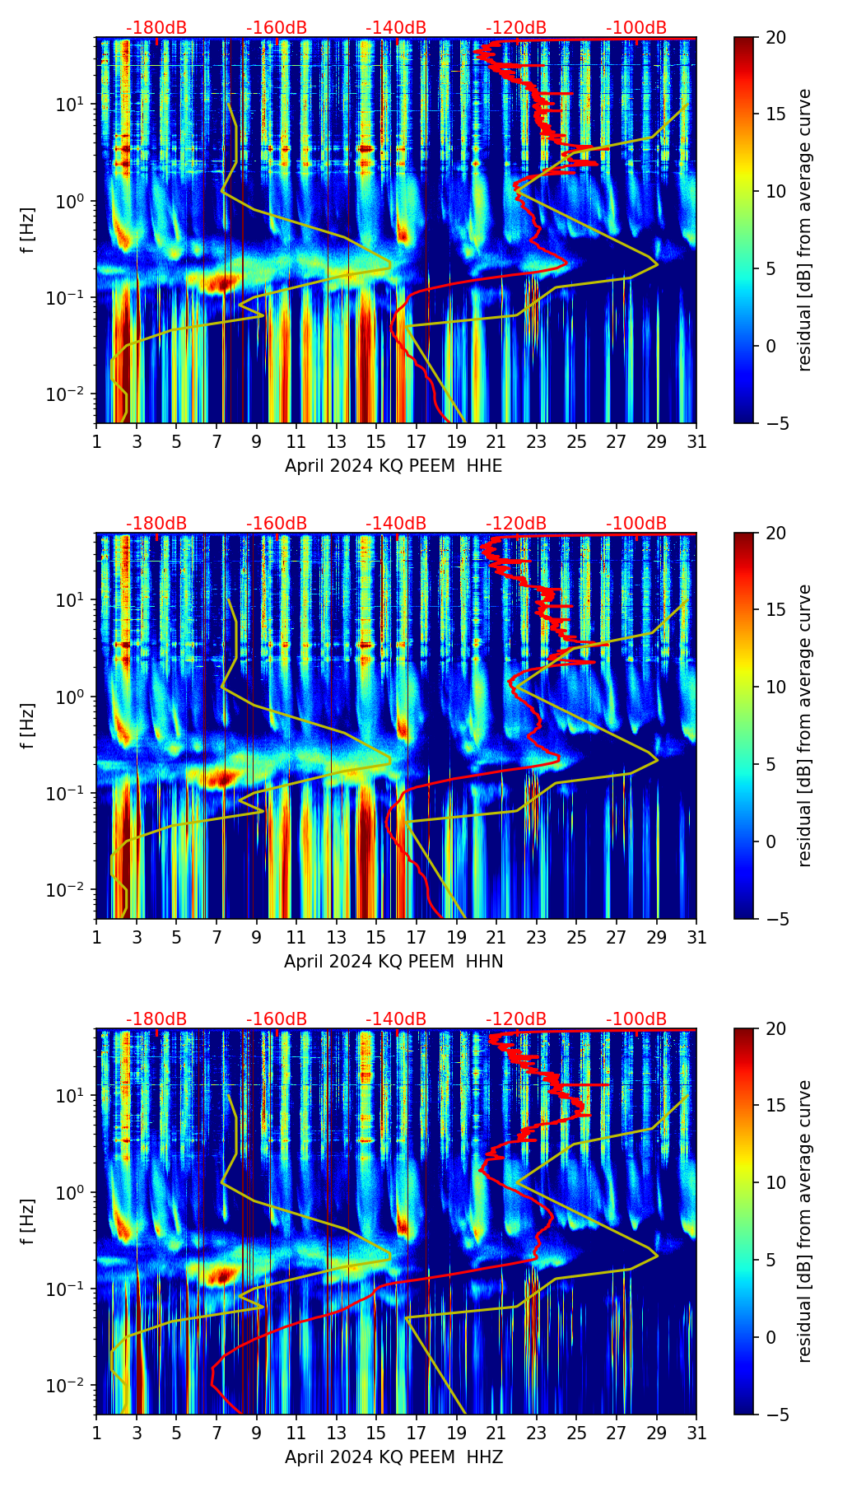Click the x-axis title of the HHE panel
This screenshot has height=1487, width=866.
[393, 466]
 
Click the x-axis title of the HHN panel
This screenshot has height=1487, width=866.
[393, 962]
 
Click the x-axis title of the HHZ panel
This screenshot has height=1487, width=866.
[393, 1457]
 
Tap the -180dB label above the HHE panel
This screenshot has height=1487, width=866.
[156, 28]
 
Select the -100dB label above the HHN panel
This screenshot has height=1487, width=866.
[636, 524]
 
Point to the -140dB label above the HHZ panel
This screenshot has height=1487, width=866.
[396, 1019]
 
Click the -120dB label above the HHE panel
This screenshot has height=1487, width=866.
[516, 28]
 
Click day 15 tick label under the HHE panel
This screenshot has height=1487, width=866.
[376, 442]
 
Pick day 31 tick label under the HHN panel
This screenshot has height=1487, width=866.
[696, 938]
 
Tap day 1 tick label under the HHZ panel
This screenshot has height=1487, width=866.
[97, 1433]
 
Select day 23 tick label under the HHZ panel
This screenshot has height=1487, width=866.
[536, 1433]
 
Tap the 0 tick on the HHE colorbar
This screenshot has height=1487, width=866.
[771, 346]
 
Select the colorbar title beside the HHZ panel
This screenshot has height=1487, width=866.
[804, 1221]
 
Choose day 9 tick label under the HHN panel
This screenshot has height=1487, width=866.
[256, 938]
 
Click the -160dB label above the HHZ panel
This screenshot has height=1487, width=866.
[277, 1019]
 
